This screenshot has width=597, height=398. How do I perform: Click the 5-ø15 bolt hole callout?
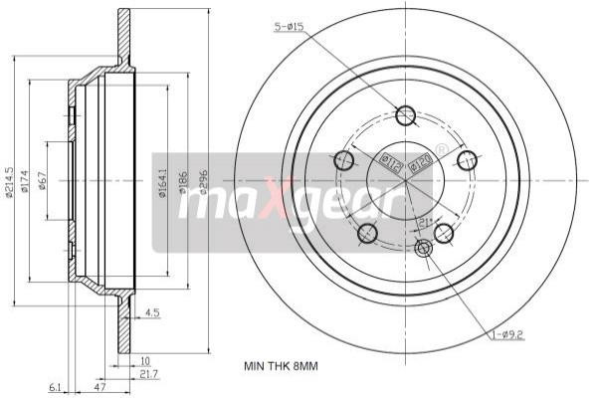click(290, 26)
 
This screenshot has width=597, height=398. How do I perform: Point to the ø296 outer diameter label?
click(203, 181)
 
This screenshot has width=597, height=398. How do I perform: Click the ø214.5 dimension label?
click(9, 180)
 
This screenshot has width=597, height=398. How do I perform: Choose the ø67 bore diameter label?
click(44, 181)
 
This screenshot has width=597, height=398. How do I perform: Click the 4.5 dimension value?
click(152, 312)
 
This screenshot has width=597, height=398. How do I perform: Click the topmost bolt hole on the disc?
click(405, 115)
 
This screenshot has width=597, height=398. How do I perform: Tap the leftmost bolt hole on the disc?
click(344, 159)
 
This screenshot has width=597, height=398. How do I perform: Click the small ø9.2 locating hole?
click(424, 248)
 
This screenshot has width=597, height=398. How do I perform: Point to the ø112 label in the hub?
click(392, 163)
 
